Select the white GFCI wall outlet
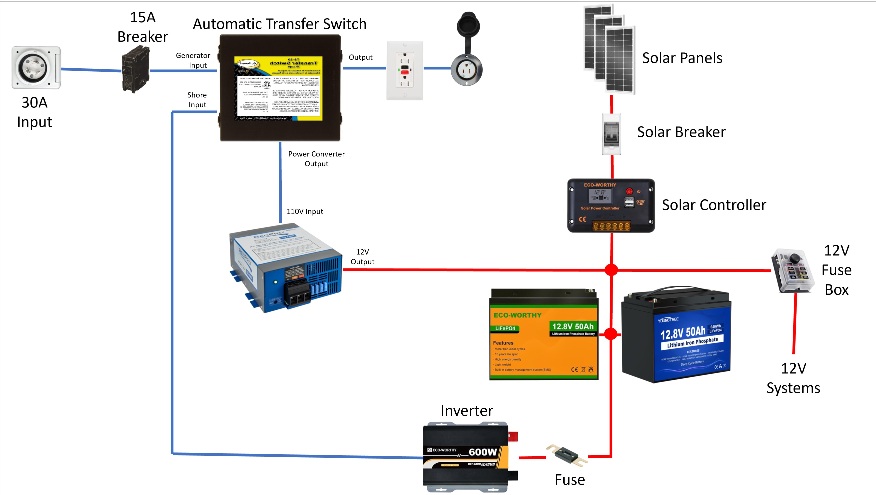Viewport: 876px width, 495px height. [x=405, y=71]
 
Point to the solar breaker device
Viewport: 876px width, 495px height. [x=611, y=134]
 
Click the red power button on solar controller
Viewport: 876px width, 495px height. [x=630, y=191]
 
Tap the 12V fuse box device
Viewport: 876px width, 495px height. [x=792, y=271]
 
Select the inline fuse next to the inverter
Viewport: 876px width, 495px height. [x=567, y=455]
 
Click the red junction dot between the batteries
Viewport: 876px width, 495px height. [x=611, y=334]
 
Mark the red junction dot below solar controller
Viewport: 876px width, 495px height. [x=611, y=270]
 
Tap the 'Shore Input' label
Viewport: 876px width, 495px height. [x=197, y=100]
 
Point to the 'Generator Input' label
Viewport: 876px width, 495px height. [x=193, y=60]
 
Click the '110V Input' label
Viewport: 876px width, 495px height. [x=305, y=211]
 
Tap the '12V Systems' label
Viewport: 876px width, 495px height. [x=793, y=378]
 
